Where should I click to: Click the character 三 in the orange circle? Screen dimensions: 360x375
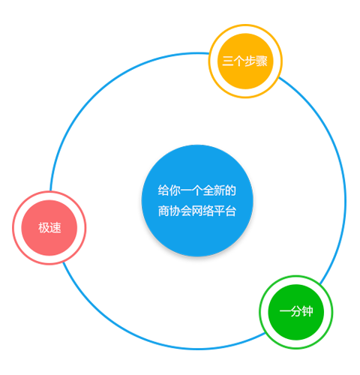(x=228, y=61)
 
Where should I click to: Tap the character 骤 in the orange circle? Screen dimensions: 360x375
(x=262, y=61)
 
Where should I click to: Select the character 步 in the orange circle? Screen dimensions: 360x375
(x=250, y=61)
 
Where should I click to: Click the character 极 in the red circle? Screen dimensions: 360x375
(x=43, y=228)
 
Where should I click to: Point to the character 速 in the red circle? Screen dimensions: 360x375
(x=55, y=228)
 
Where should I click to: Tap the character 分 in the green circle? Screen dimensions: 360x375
(x=296, y=311)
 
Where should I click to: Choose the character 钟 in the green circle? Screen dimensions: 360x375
(x=307, y=311)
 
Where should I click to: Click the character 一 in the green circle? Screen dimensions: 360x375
(x=285, y=311)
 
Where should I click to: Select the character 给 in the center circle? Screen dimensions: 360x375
(x=163, y=190)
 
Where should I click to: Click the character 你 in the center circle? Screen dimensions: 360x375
(x=175, y=190)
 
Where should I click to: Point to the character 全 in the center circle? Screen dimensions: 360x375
(x=208, y=190)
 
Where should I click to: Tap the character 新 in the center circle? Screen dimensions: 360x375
(x=220, y=190)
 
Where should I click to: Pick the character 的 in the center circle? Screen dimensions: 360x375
(x=230, y=190)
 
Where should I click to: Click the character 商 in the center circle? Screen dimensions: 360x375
(x=163, y=211)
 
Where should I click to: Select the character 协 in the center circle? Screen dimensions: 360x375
(x=175, y=211)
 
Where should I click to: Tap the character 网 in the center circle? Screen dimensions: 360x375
(x=197, y=211)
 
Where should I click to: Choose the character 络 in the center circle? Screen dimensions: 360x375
(x=208, y=211)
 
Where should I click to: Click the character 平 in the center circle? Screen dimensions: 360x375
(x=220, y=211)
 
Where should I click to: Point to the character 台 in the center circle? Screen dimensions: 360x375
(x=230, y=211)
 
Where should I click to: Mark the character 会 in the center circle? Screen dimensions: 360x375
(x=186, y=211)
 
